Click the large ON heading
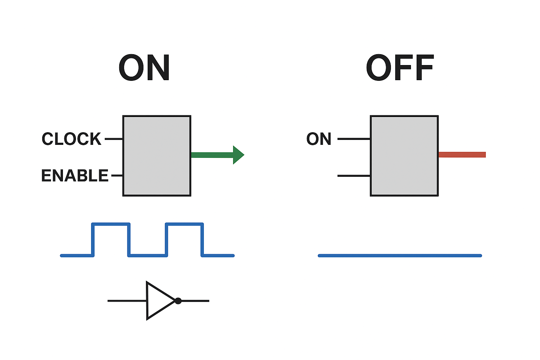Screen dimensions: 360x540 pyautogui.click(x=144, y=68)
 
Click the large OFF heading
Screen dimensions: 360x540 pyautogui.click(x=400, y=68)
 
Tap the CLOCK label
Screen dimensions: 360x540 pyautogui.click(x=71, y=139)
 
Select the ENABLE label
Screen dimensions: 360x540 pyautogui.click(x=75, y=175)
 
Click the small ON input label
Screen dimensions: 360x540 pyautogui.click(x=319, y=139)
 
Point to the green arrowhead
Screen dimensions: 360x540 pyautogui.click(x=238, y=155)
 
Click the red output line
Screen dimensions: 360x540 pyautogui.click(x=462, y=155)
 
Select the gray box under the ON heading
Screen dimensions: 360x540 pyautogui.click(x=157, y=155)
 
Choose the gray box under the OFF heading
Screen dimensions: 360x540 pyautogui.click(x=404, y=155)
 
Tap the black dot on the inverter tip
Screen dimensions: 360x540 pyautogui.click(x=178, y=301)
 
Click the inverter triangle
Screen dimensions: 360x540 pyautogui.click(x=158, y=301)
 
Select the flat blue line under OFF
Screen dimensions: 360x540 pyautogui.click(x=400, y=256)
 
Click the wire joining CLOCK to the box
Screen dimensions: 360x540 pyautogui.click(x=114, y=139)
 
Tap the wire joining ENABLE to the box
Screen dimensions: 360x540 pyautogui.click(x=117, y=175)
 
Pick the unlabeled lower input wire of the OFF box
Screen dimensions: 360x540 pyautogui.click(x=354, y=175)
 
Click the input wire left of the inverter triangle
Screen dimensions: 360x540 pyautogui.click(x=127, y=301)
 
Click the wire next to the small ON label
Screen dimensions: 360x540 pyautogui.click(x=354, y=139)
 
